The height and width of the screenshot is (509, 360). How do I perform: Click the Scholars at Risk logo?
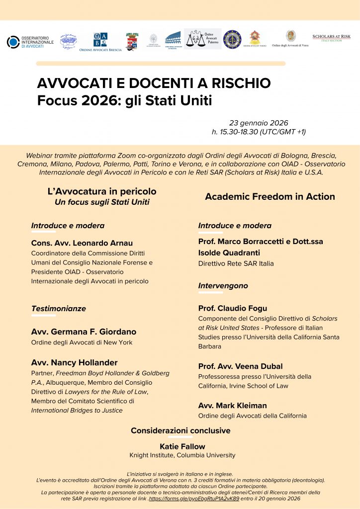[x=331, y=38]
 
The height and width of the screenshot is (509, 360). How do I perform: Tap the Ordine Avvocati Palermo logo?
[x=202, y=39]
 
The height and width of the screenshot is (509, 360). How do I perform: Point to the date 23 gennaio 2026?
[x=259, y=123]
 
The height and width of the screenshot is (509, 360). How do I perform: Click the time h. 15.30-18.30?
[x=259, y=132]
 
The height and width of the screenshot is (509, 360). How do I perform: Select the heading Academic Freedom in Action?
[x=270, y=196]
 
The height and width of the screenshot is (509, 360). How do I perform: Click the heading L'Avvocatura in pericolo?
[x=102, y=191]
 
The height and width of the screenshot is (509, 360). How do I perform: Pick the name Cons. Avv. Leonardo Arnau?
[x=82, y=243]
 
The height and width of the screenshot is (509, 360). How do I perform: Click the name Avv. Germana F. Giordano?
[x=84, y=332]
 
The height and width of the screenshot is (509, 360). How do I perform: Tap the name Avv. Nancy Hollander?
[x=75, y=362]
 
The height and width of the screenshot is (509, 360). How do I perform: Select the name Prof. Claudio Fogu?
[x=233, y=308]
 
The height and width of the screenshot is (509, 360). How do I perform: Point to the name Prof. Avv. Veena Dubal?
[x=241, y=366]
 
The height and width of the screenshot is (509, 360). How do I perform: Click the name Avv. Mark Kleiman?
[x=232, y=405]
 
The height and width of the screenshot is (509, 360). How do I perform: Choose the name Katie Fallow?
[x=182, y=446]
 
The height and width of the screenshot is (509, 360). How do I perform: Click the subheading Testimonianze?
[x=59, y=308]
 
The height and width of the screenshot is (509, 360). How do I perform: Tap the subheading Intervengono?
[x=223, y=286]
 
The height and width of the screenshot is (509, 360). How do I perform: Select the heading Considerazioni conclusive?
[x=180, y=430]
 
